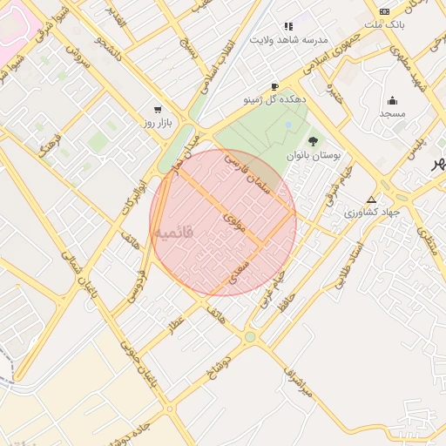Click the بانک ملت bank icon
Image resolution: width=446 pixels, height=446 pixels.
click(384, 11)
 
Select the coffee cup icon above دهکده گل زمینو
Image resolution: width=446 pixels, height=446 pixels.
click(275, 86)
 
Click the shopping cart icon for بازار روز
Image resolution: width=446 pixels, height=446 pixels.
click(157, 110)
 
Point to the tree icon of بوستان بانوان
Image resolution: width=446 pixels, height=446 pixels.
click(313, 139)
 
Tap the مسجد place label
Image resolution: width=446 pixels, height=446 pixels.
click(392, 114)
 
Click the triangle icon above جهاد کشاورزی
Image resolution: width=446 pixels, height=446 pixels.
click(372, 199)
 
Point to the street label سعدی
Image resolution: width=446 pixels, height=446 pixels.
click(241, 271)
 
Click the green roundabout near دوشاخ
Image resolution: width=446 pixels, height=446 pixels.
click(250, 336)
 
